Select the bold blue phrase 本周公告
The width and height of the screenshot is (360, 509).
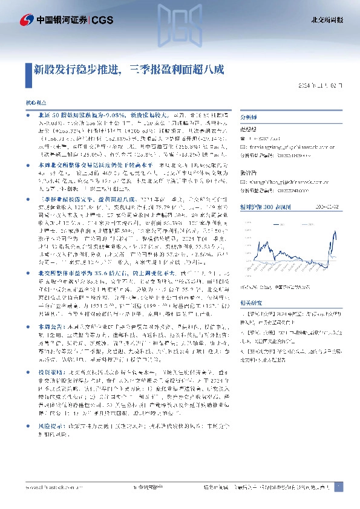(x=48, y=326)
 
